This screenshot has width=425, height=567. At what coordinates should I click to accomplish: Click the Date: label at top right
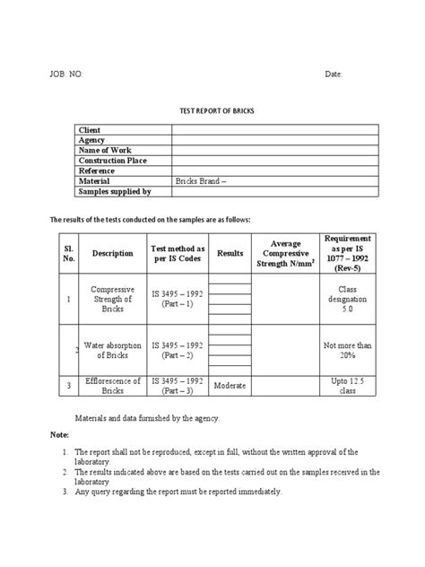point(334,74)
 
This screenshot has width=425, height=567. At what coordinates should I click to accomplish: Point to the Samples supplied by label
point(115,191)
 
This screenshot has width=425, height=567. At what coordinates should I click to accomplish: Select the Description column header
point(112,254)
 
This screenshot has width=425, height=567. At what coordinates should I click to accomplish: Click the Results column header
point(230,254)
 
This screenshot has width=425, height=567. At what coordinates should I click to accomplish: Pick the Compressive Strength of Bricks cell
point(112,299)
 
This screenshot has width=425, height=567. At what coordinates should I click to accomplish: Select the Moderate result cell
point(231,385)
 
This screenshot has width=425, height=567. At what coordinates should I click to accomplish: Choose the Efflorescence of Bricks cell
point(112,386)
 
